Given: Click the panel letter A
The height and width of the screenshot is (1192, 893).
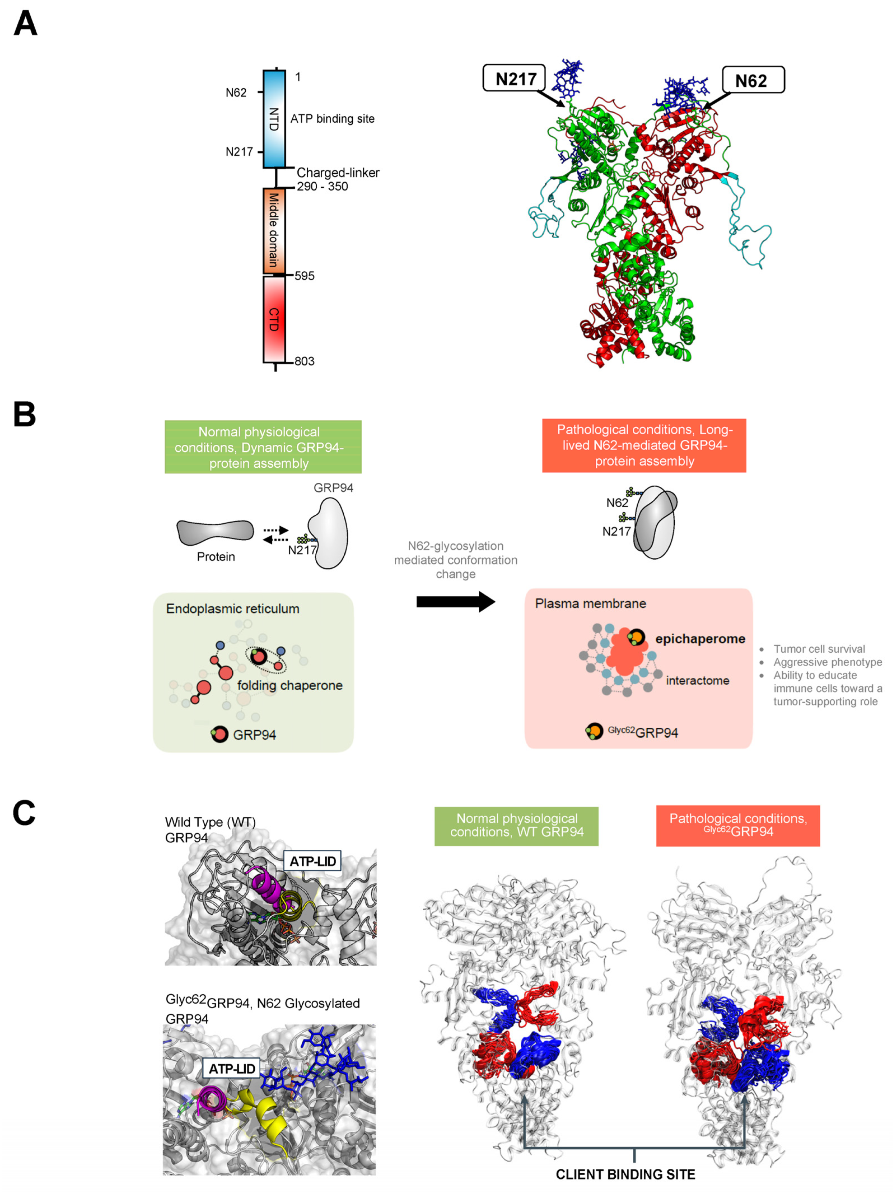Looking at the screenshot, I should (25, 24).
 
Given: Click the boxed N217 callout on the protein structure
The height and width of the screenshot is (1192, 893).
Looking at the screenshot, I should (514, 79).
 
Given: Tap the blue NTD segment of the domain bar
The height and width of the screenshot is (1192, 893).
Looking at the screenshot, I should (274, 119).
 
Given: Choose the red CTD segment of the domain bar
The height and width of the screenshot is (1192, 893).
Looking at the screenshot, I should (274, 319).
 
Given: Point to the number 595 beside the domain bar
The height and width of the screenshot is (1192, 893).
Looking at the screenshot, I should (304, 276).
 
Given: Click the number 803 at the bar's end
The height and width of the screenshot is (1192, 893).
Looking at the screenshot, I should (304, 361).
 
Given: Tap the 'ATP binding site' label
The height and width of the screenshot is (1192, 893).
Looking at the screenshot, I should (332, 119).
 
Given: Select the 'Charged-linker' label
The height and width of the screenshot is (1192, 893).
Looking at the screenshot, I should (338, 172).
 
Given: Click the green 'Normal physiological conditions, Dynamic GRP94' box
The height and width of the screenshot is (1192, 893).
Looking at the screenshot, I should (263, 447).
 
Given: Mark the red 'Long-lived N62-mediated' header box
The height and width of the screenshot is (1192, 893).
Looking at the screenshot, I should (644, 445).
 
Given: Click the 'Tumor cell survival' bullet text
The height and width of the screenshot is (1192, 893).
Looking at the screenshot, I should (819, 649).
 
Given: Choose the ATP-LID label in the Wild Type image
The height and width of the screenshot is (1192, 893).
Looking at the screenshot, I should (312, 861).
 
